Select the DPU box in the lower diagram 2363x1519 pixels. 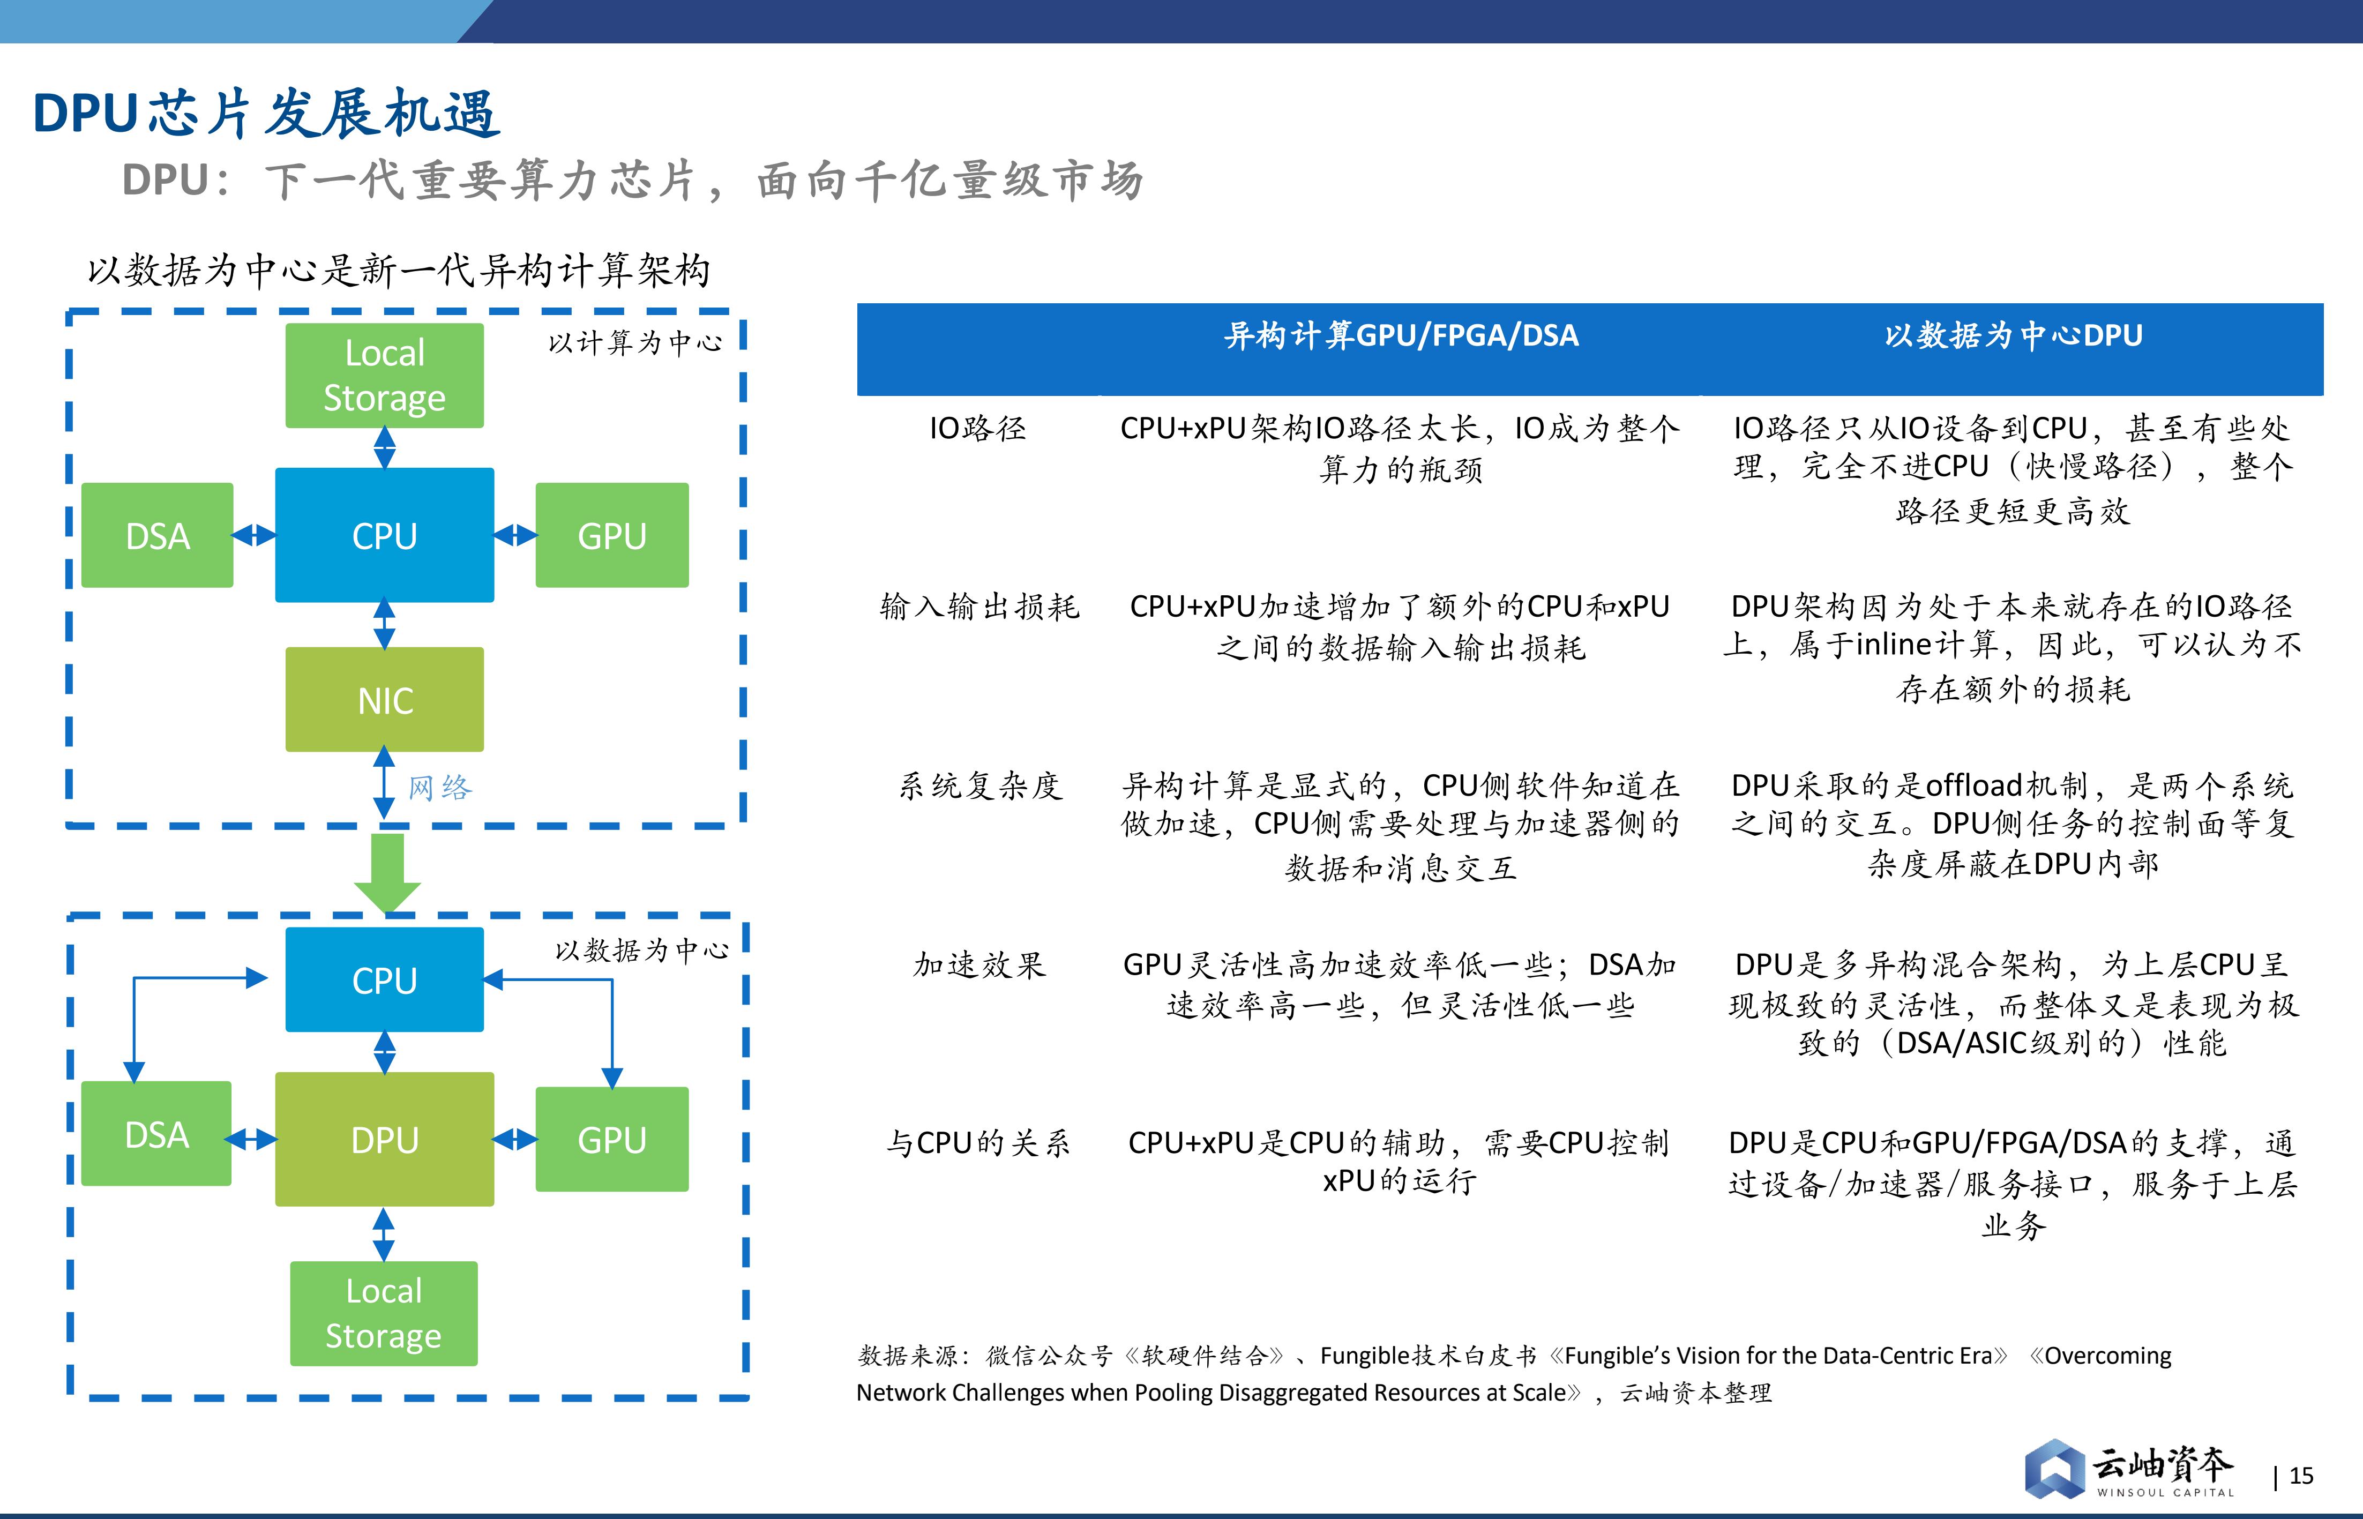click(x=385, y=1139)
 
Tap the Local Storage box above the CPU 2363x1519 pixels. click(x=385, y=376)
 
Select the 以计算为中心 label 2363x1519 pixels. click(x=635, y=342)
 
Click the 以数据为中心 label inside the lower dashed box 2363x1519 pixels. click(x=642, y=950)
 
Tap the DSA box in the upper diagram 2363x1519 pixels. click(x=158, y=536)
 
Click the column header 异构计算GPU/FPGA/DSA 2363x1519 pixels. click(x=1401, y=335)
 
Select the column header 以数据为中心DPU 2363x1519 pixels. click(x=2013, y=335)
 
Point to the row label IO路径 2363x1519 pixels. click(x=977, y=428)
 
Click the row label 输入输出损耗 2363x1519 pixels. click(x=979, y=607)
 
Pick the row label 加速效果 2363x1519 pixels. click(x=979, y=964)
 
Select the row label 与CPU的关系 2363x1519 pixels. click(x=977, y=1142)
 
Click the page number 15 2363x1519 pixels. click(x=2301, y=1476)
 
